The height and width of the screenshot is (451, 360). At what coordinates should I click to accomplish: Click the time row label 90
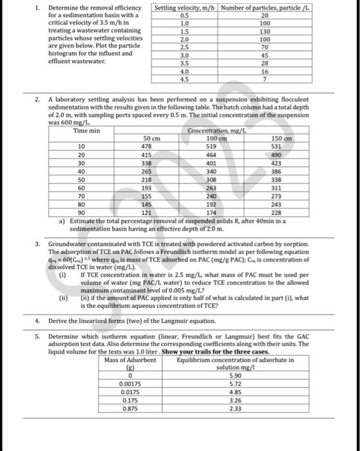(x=82, y=211)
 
